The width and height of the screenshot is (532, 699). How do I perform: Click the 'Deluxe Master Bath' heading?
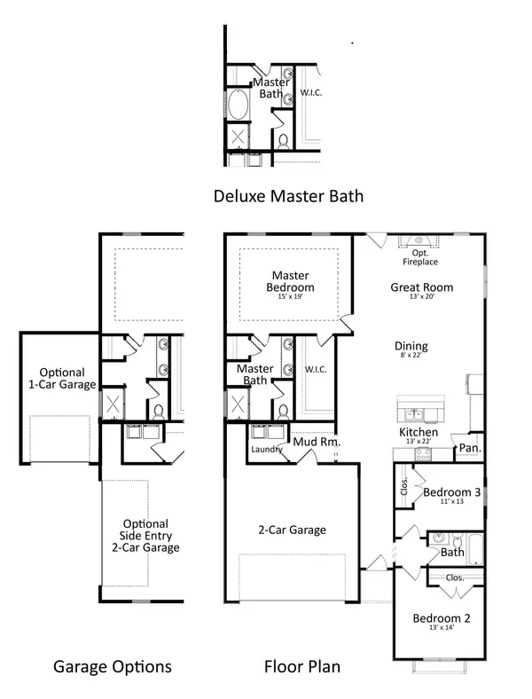point(288,195)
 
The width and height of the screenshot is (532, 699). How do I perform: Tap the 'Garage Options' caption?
point(112,666)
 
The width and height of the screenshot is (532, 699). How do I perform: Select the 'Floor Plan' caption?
point(302,666)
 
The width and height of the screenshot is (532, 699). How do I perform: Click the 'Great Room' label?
point(422,287)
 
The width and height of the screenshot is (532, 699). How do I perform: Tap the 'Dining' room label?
point(411,347)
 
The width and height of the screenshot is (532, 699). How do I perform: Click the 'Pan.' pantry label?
point(468,449)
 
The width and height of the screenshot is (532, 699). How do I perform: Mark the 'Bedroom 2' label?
point(440,617)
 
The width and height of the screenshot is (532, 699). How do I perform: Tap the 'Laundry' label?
point(266,450)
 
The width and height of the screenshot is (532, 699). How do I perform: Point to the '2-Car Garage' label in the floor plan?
point(291,530)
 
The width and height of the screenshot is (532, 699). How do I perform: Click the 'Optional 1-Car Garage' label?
point(61,379)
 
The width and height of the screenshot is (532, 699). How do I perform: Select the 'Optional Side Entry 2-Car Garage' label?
point(145,536)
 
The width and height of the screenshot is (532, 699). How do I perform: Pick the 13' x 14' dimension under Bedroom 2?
point(440,628)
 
